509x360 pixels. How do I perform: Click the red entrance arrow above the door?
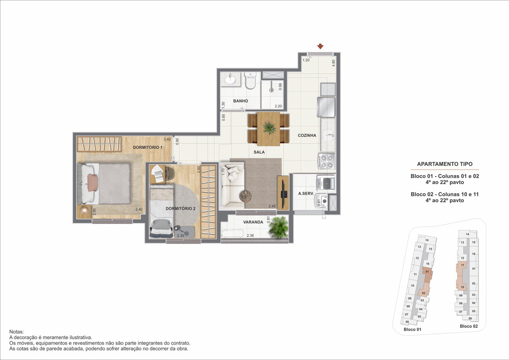point(320,47)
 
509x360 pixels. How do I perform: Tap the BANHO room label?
point(241,101)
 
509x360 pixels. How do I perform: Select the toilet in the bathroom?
point(251,80)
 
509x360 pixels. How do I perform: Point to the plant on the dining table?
point(270,128)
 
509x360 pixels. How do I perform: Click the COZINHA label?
point(307,136)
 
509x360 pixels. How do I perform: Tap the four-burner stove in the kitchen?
point(326,162)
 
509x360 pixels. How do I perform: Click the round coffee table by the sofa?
point(245,196)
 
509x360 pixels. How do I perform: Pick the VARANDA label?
point(253,222)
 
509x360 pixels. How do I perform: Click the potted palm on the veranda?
point(278,227)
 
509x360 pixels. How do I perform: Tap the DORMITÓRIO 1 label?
point(148,148)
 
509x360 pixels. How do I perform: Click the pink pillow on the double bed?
point(93,182)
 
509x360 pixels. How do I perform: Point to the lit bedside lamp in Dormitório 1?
point(84,211)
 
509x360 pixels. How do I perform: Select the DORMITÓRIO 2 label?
point(181,208)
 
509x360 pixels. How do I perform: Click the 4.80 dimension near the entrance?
point(333,63)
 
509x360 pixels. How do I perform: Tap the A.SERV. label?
point(306,194)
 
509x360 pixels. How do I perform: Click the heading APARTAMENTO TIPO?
point(445,164)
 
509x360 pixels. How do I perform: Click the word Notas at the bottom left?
point(16,332)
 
